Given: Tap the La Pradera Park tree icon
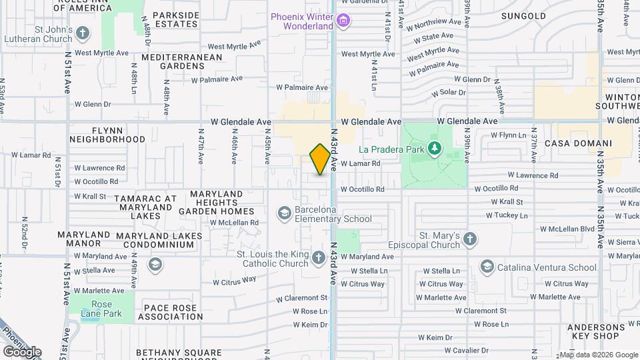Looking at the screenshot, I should tap(435, 147).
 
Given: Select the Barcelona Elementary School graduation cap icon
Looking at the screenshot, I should tap(284, 213).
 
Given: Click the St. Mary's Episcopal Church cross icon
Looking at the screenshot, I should tap(469, 239).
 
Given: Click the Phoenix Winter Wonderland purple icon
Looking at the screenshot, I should tap(343, 21).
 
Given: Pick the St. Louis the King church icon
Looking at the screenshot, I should tap(319, 257).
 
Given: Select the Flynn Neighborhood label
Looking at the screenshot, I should tap(107, 134).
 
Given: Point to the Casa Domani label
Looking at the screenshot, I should tap(578, 143).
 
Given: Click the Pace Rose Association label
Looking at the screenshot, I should tap(171, 312).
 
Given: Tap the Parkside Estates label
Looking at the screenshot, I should tap(176, 19).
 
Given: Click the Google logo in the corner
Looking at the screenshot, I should tap(23, 352).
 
